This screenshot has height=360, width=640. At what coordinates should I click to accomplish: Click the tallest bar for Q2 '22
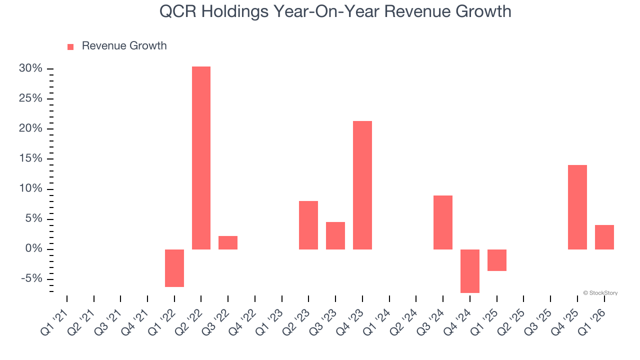(x=201, y=158)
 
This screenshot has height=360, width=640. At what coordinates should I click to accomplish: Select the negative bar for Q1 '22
(x=174, y=268)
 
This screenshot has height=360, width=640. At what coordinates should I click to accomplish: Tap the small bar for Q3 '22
(x=228, y=242)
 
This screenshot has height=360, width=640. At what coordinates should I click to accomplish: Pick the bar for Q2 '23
(x=308, y=225)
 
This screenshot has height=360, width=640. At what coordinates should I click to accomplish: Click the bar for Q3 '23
(x=335, y=235)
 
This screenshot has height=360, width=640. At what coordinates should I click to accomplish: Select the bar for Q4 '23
(x=362, y=185)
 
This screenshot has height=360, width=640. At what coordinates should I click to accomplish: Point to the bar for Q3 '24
(x=443, y=222)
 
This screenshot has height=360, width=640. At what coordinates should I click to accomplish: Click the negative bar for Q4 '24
(x=470, y=271)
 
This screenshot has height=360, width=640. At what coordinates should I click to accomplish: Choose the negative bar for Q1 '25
(x=497, y=260)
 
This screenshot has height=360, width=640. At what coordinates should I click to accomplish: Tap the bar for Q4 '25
(x=577, y=207)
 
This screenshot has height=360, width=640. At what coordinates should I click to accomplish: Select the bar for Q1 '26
(x=604, y=237)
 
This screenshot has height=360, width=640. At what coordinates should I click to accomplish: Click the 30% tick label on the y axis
(x=30, y=68)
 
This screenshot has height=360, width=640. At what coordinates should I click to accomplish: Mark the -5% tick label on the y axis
(x=31, y=279)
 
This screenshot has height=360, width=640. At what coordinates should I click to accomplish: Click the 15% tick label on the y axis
(x=30, y=159)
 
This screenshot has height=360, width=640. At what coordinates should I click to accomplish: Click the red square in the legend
(x=70, y=46)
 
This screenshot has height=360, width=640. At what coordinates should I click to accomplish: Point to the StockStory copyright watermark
(x=600, y=293)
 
